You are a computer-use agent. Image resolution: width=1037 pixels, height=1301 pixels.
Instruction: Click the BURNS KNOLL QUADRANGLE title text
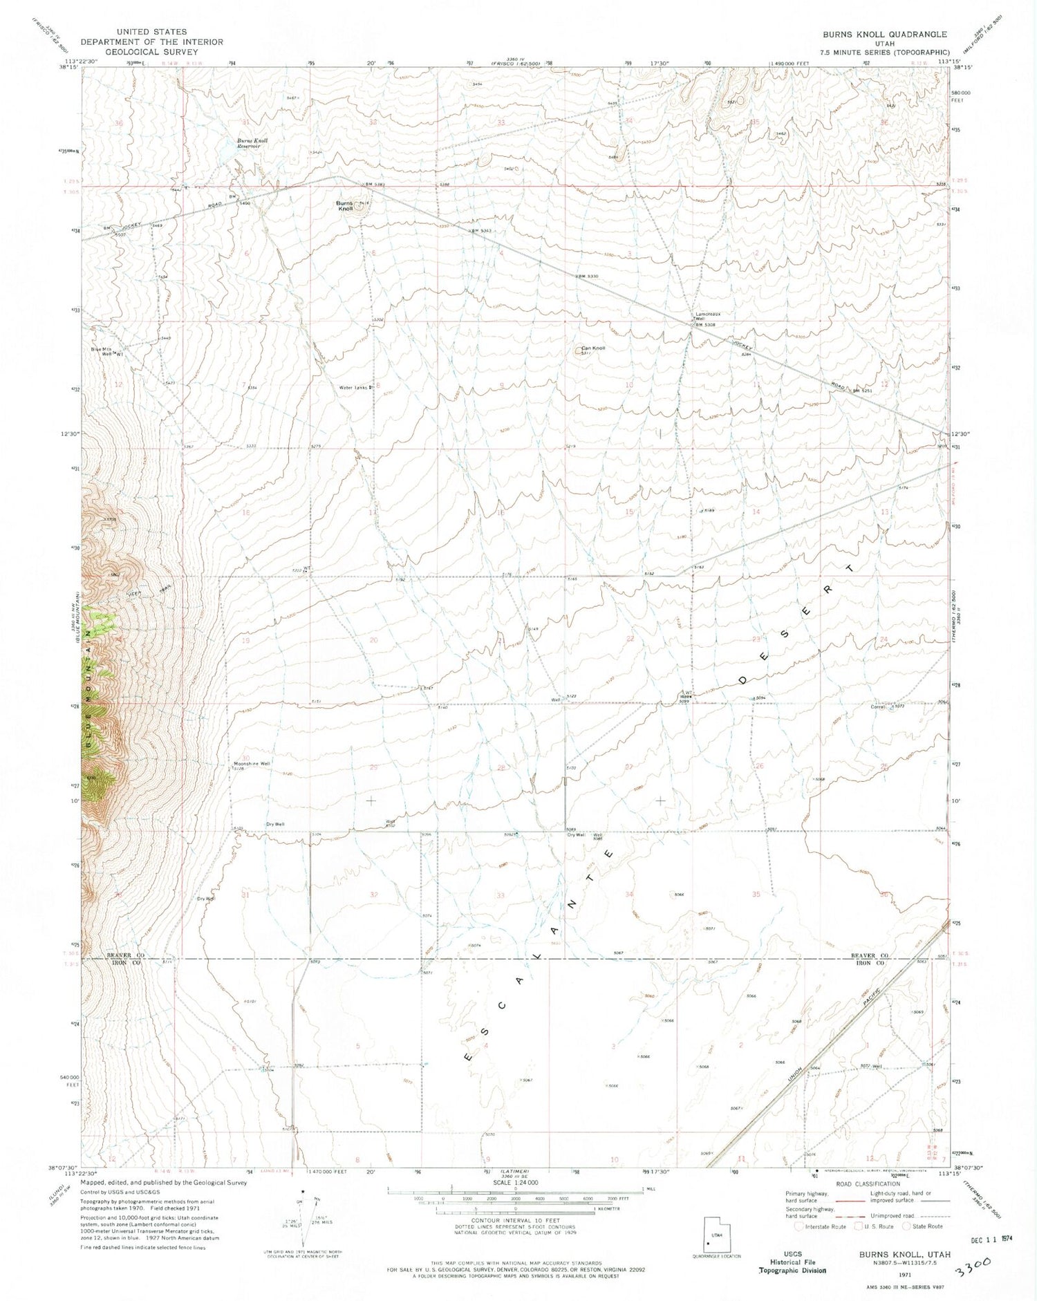(884, 34)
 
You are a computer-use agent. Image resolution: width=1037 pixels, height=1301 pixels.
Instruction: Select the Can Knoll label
(592, 348)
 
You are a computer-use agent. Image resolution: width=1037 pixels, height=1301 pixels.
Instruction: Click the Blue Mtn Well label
(102, 350)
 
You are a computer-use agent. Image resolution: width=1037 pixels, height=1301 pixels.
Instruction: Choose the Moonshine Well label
(252, 764)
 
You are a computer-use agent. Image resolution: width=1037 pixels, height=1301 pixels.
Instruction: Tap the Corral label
(878, 706)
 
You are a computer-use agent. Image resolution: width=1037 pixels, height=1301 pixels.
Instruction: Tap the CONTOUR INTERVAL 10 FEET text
(515, 1220)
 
